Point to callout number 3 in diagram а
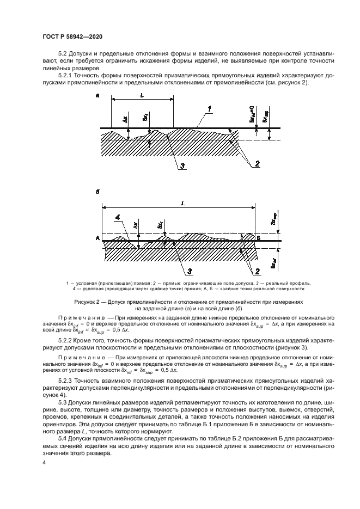[184, 166]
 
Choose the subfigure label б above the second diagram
[97, 192]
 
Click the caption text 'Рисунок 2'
[87, 301]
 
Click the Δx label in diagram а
[126, 118]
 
